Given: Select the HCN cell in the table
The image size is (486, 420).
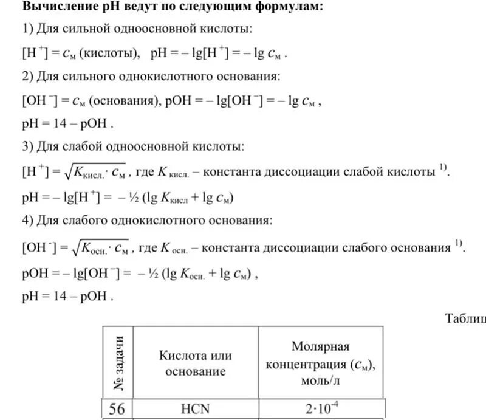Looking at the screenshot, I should (196, 408).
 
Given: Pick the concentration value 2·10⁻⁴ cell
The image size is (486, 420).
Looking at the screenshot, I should (321, 408).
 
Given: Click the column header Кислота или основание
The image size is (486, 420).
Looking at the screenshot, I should (196, 363).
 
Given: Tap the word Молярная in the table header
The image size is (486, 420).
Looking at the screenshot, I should (320, 346).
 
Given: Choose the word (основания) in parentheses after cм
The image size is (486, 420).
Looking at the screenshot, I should (124, 102).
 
